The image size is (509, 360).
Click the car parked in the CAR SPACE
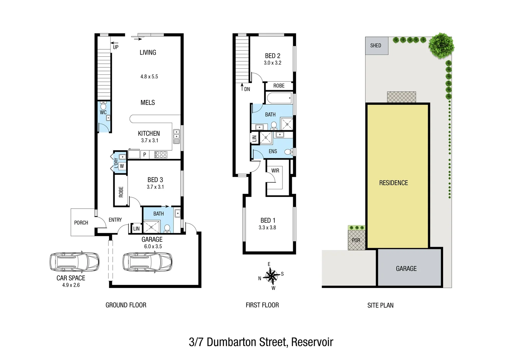click(74, 262)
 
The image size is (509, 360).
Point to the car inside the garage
click(147, 262)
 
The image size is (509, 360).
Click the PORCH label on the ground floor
click(81, 223)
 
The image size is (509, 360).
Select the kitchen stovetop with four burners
click(160, 155)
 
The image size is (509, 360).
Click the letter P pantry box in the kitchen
click(145, 155)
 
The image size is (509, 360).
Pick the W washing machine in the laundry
click(122, 166)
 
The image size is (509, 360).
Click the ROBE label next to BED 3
click(121, 192)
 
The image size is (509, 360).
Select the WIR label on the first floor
click(275, 171)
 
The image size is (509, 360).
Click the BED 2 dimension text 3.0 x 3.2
click(272, 63)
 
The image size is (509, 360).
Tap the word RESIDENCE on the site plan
click(393, 183)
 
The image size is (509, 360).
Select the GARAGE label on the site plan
click(406, 269)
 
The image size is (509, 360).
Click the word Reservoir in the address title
click(312, 342)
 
